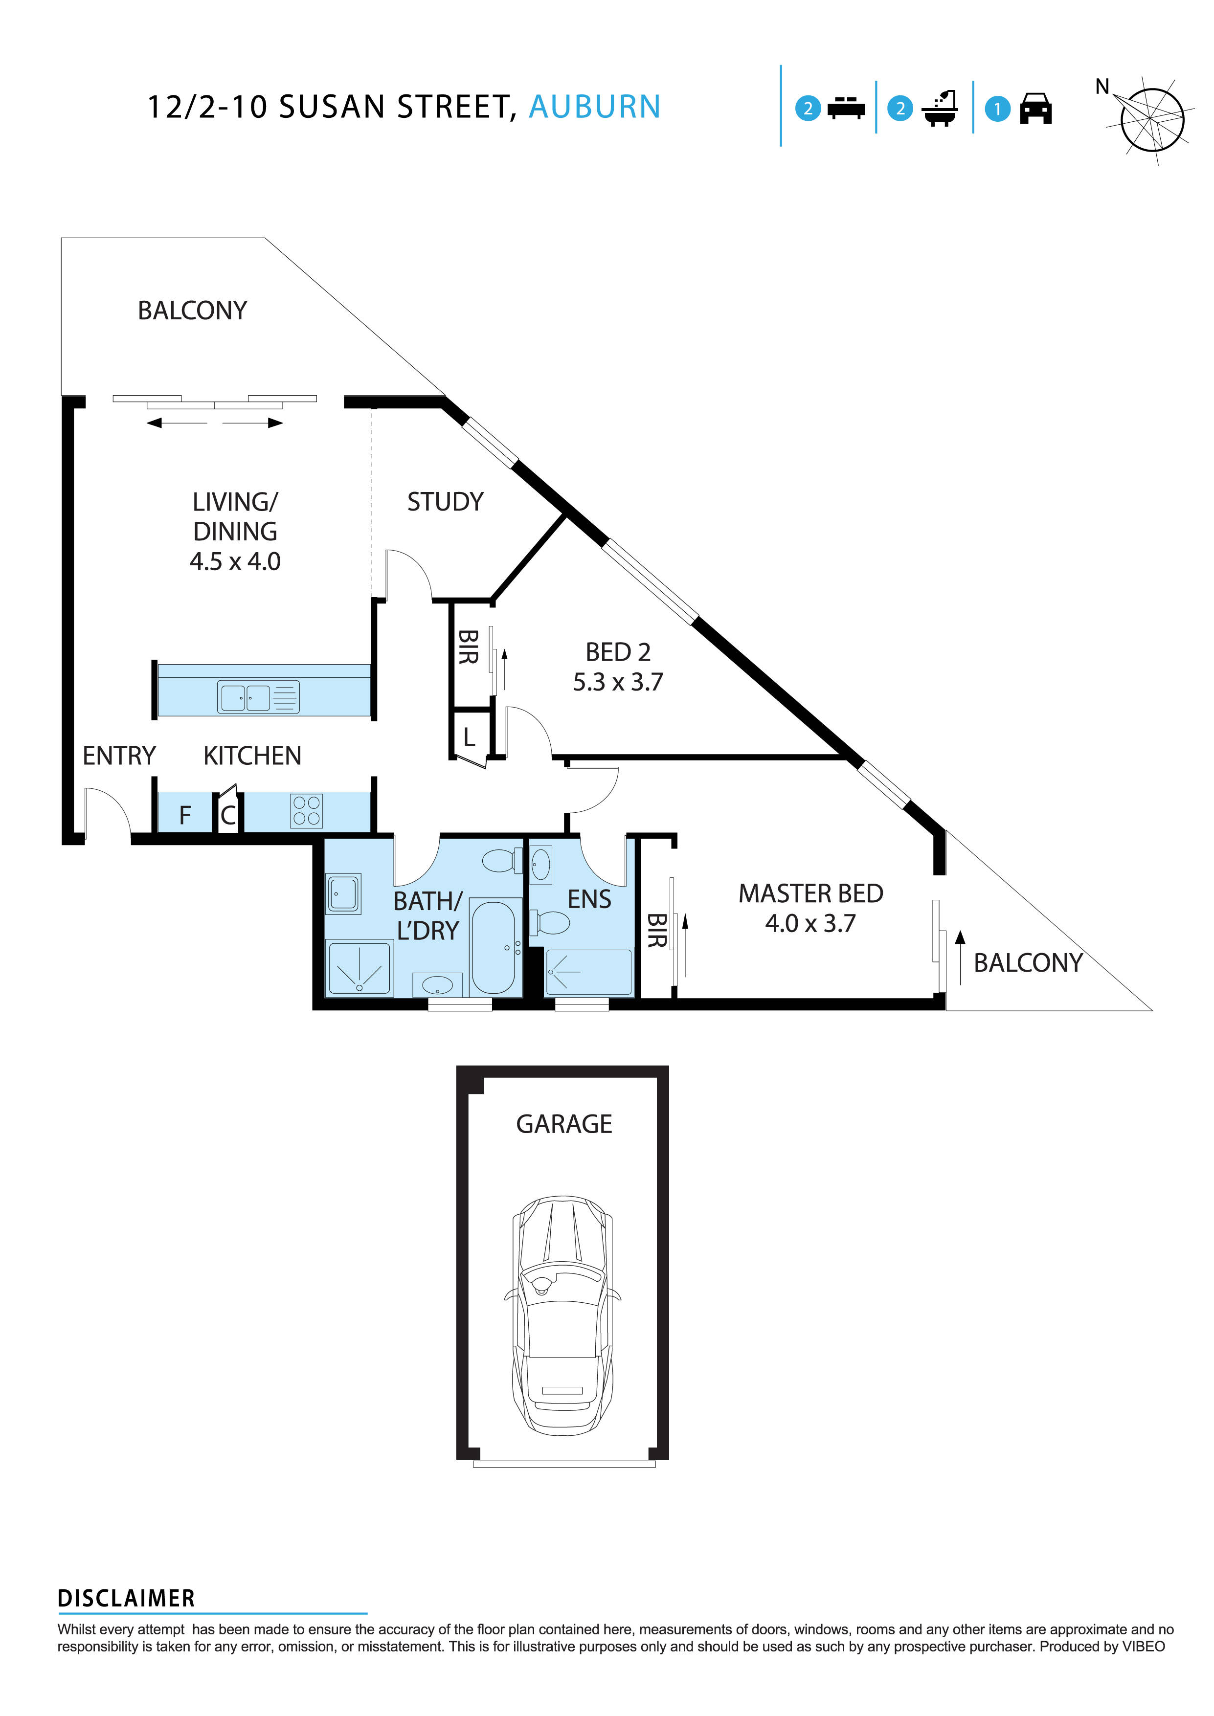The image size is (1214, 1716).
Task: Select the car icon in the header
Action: tap(1035, 109)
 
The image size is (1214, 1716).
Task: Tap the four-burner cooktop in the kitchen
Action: tap(307, 811)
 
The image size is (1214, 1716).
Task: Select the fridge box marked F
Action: tap(184, 814)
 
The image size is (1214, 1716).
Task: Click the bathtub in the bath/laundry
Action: tap(493, 946)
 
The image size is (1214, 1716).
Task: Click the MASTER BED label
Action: tap(810, 893)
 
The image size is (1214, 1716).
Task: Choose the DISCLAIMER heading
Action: tap(126, 1598)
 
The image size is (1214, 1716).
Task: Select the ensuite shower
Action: tap(589, 972)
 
